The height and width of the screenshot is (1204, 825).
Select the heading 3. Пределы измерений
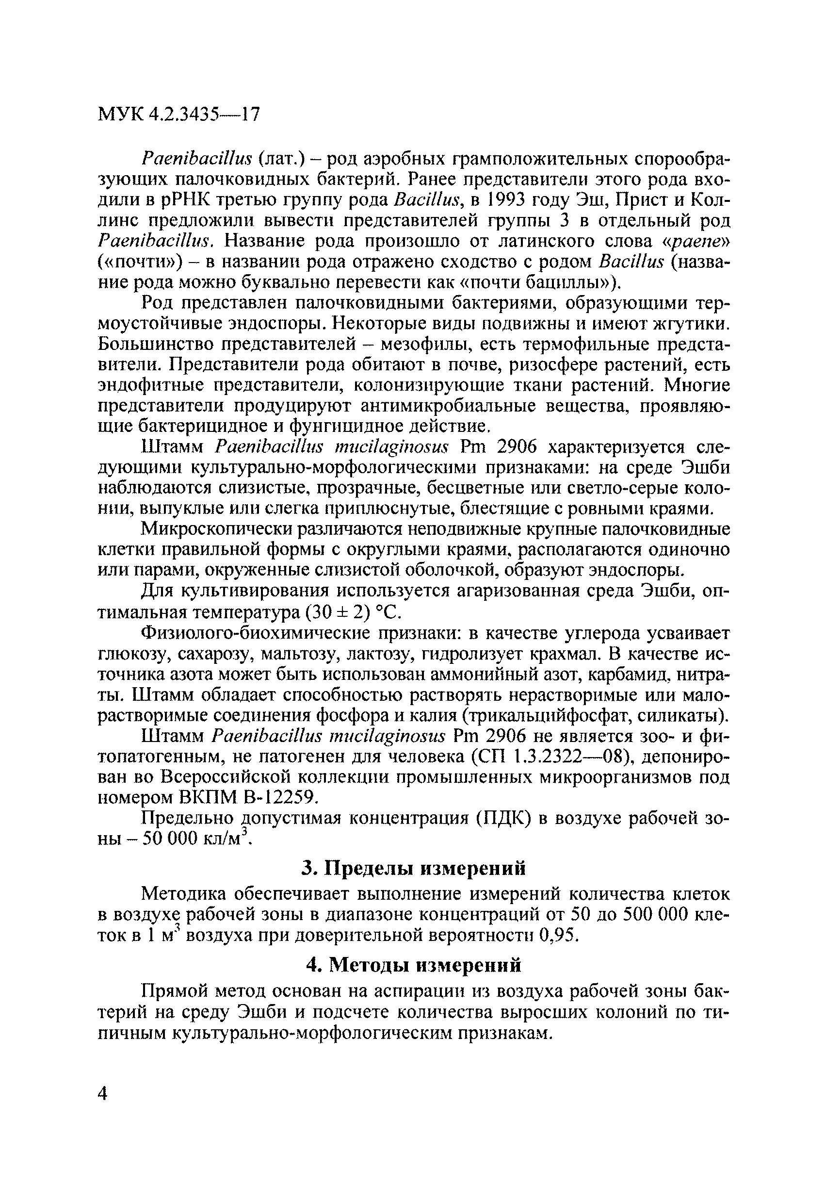[x=413, y=868]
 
